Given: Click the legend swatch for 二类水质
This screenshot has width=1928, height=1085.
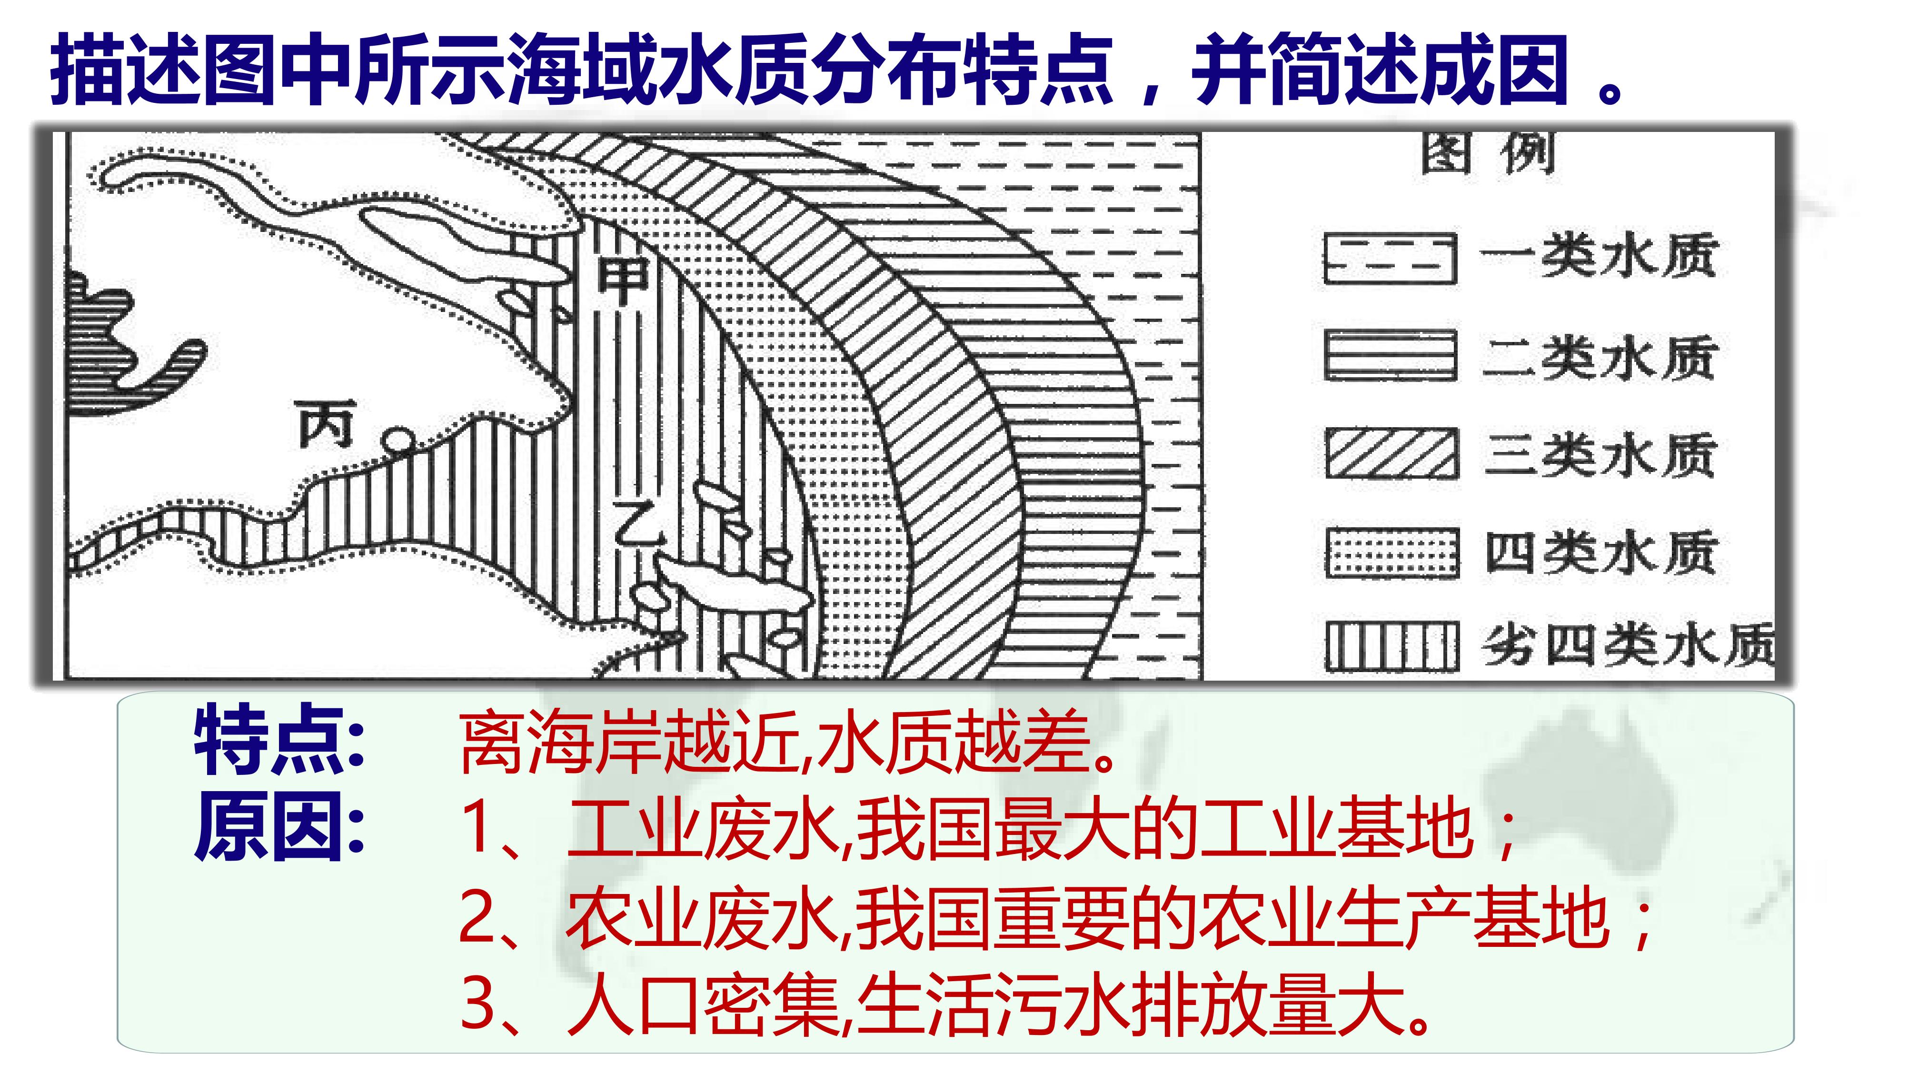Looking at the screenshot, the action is pyautogui.click(x=1390, y=355).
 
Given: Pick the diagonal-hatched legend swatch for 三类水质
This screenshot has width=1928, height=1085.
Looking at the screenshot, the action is pyautogui.click(x=1391, y=453).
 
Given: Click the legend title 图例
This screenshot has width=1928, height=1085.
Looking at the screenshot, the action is pyautogui.click(x=1489, y=155).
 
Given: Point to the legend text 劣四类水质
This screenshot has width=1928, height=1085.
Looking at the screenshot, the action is pyautogui.click(x=1629, y=645).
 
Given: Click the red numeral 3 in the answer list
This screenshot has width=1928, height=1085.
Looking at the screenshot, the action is pyautogui.click(x=476, y=1004).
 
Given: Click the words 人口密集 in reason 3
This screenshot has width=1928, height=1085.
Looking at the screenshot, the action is pyautogui.click(x=704, y=1004).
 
